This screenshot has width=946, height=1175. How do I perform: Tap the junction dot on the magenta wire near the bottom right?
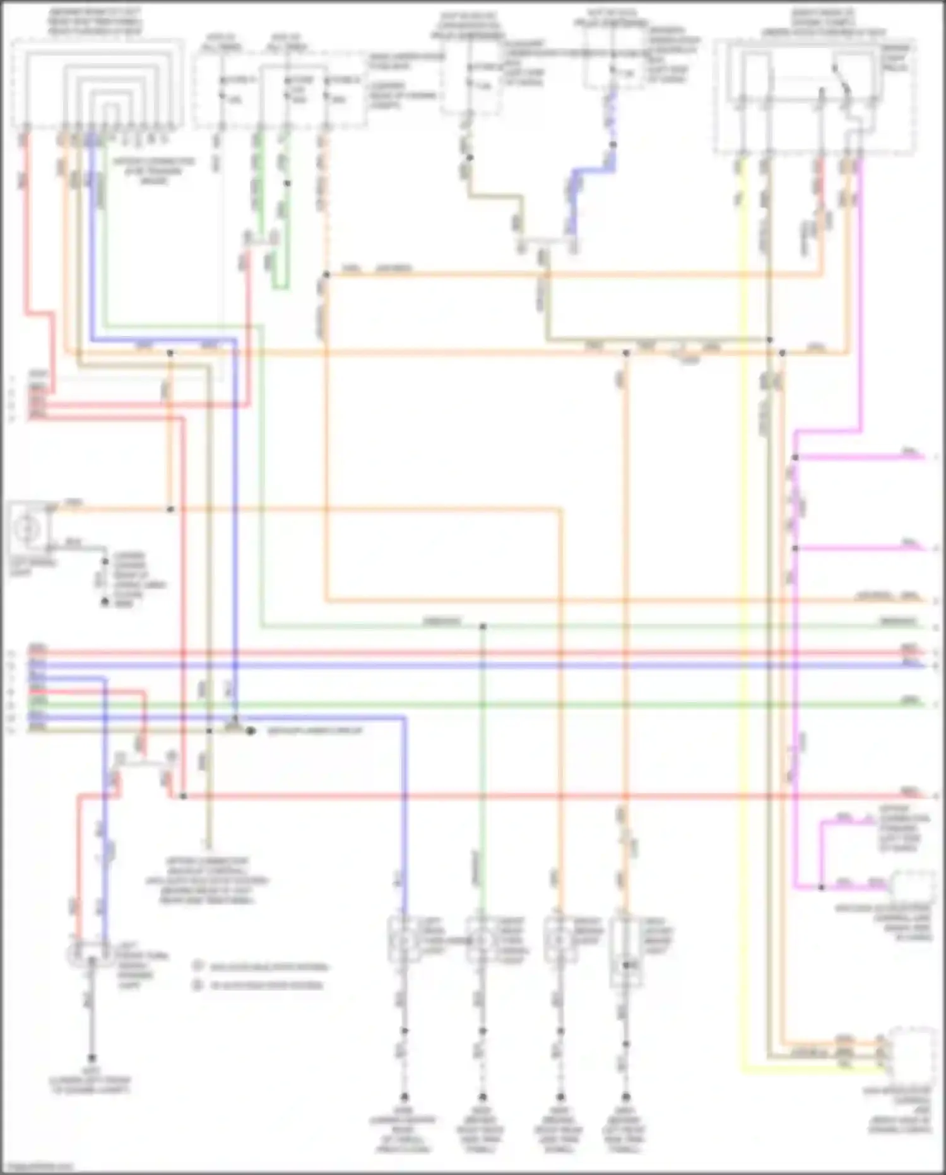(x=821, y=887)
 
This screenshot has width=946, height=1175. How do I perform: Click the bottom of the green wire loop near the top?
(x=280, y=287)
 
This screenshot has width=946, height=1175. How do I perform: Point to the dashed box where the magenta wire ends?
(x=913, y=886)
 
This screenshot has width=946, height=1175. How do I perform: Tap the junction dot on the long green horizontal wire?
(x=483, y=626)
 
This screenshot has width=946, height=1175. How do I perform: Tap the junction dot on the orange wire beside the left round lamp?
(x=170, y=509)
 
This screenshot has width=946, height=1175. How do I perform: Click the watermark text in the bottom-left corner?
(x=38, y=1166)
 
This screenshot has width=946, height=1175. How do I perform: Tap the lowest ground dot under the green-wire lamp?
(x=483, y=1097)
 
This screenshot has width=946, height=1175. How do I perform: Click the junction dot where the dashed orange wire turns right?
(x=326, y=275)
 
